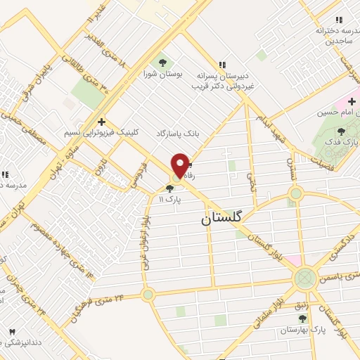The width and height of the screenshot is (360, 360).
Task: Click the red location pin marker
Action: pyautogui.click(x=180, y=165)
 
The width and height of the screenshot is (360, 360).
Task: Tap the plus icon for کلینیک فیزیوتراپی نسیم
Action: pyautogui.click(x=102, y=121)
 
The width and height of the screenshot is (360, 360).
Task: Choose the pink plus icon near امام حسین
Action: pyautogui.click(x=351, y=101)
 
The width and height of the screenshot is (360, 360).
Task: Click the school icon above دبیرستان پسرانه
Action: pyautogui.click(x=223, y=63)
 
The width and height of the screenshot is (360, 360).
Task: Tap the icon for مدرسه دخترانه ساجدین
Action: pyautogui.click(x=339, y=20)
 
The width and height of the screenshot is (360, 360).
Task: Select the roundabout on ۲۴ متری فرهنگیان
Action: pyautogui.click(x=148, y=294)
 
